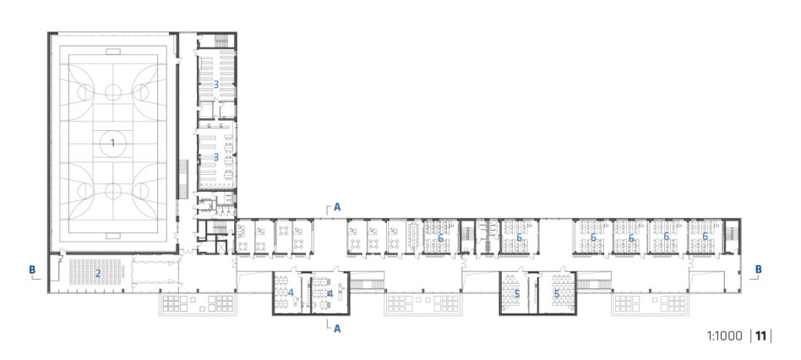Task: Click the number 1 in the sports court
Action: click(113, 144)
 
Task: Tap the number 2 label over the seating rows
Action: click(97, 273)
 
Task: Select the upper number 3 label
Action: click(216, 85)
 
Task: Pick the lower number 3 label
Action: click(216, 157)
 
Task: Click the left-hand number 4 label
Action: click(291, 293)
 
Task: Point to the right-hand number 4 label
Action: click(330, 293)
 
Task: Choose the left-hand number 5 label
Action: click(517, 294)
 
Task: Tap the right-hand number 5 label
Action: click(557, 294)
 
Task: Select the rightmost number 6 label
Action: click(705, 237)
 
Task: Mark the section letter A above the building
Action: click(337, 207)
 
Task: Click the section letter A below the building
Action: click(337, 330)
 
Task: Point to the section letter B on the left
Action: click(32, 269)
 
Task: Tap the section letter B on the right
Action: click(759, 269)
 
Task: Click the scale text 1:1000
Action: click(724, 336)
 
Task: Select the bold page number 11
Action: click(761, 336)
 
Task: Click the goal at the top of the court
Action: click(113, 52)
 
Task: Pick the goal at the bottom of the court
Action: click(113, 236)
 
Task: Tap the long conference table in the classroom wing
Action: click(414, 237)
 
